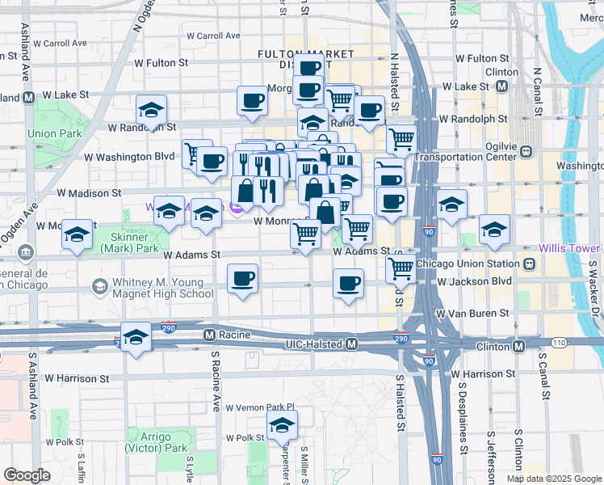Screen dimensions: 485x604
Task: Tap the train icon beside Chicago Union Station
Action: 529,264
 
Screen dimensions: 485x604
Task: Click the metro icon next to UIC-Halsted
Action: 352,344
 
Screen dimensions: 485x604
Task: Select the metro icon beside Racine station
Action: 209,335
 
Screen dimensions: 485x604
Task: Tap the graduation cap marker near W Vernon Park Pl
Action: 283,424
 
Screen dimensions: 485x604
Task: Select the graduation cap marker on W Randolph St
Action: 150,111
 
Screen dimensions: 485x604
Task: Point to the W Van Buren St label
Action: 472,313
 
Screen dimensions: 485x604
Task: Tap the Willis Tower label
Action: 570,247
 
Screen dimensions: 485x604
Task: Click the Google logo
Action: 27,475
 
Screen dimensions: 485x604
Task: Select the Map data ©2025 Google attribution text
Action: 552,479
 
